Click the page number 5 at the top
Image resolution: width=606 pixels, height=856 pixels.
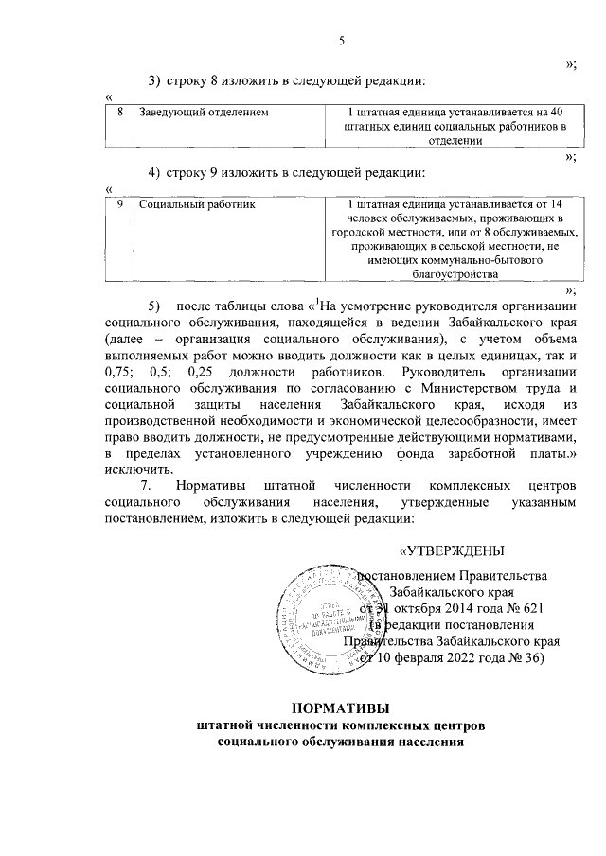(344, 40)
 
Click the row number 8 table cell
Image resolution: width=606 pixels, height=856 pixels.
(120, 113)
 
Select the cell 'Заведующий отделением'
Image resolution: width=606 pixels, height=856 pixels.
(204, 113)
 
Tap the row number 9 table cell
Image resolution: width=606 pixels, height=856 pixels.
(120, 203)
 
